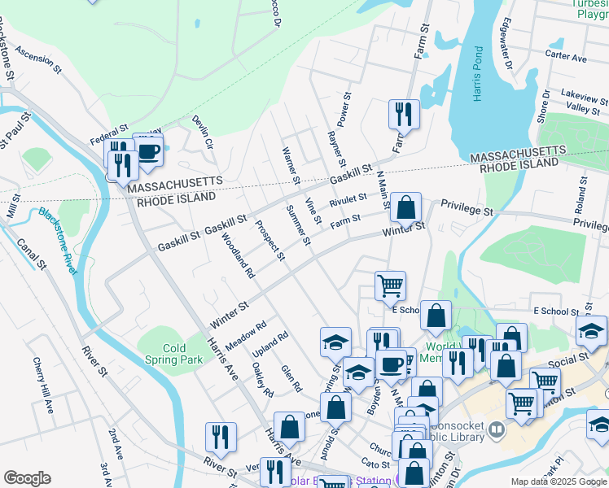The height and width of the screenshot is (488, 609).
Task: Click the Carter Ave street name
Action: (x=566, y=58)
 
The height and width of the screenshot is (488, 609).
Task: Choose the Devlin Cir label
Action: (x=203, y=133)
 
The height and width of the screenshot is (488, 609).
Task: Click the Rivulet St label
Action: (x=348, y=199)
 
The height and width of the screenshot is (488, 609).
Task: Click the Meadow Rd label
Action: (x=246, y=337)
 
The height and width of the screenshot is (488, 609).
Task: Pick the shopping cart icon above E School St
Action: (x=390, y=285)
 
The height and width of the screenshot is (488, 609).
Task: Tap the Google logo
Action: (x=27, y=478)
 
